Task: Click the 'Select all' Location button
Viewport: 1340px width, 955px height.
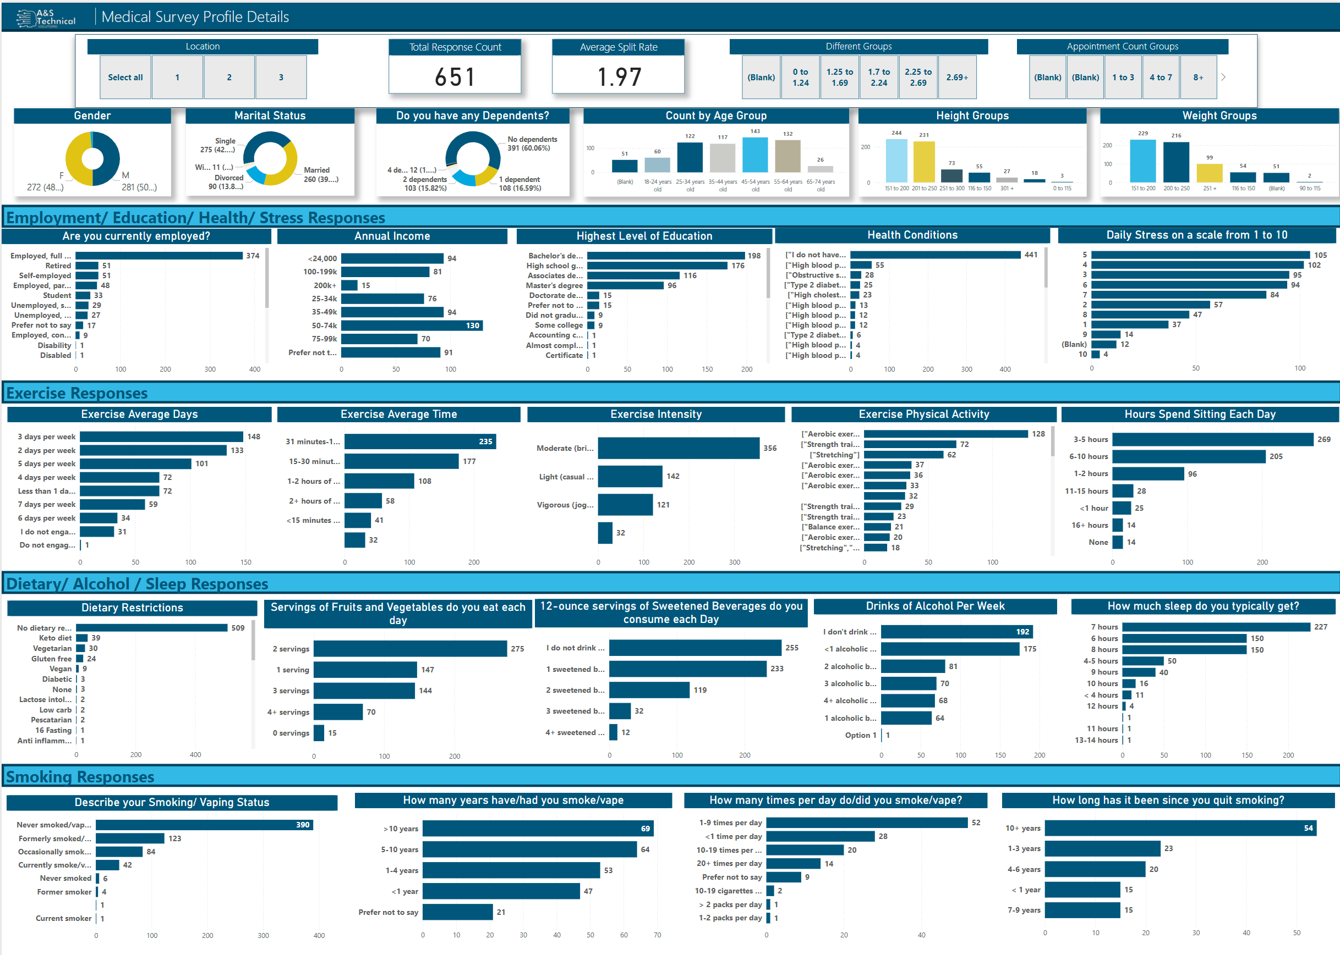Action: coord(125,77)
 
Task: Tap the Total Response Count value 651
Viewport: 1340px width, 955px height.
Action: coord(455,77)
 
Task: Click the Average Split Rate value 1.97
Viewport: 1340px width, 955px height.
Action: coord(619,77)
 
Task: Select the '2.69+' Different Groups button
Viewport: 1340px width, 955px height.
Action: coord(957,77)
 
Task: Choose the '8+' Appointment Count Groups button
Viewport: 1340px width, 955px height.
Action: coord(1198,77)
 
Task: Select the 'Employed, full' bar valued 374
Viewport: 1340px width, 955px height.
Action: coord(159,256)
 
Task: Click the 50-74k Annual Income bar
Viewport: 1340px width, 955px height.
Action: coord(412,325)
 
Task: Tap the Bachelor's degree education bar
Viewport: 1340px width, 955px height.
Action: coord(665,256)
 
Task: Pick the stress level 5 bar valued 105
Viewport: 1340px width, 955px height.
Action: coord(1201,255)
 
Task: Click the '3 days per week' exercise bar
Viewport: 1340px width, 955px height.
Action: coord(161,437)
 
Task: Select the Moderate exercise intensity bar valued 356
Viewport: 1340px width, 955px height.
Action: coord(678,448)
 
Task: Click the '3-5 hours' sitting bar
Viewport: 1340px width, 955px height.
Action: coord(1212,439)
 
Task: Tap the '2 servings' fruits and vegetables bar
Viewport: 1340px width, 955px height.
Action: coord(410,649)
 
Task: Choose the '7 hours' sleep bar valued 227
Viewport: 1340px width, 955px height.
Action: coord(1216,627)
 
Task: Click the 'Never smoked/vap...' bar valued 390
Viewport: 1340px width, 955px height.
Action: coord(204,825)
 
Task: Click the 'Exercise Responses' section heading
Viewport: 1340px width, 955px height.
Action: coord(76,393)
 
